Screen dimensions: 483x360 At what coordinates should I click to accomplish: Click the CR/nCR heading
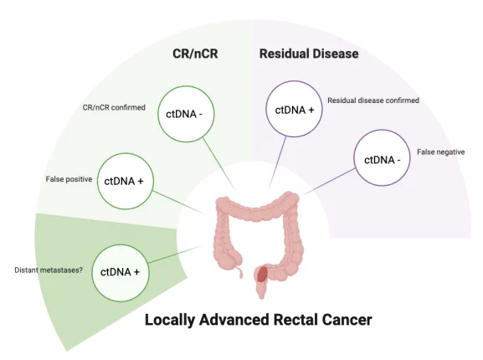[195, 54]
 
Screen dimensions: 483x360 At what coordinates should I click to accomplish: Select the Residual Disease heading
[309, 54]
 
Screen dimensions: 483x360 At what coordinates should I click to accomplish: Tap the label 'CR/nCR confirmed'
[114, 107]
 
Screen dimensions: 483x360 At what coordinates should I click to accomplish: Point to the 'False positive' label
[69, 179]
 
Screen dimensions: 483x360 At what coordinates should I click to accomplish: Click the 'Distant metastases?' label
[49, 270]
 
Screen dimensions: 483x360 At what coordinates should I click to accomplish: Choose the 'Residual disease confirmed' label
[373, 100]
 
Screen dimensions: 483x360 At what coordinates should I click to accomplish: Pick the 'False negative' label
[441, 152]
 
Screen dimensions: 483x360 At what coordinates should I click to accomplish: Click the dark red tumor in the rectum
[262, 274]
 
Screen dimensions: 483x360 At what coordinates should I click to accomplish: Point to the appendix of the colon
[239, 272]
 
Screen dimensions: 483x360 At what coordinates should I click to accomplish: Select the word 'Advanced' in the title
[234, 320]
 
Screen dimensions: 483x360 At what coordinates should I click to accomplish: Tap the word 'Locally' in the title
[170, 321]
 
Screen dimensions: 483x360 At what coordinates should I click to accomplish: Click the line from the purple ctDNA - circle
[329, 182]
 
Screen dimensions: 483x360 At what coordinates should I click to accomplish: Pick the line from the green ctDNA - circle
[218, 164]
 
